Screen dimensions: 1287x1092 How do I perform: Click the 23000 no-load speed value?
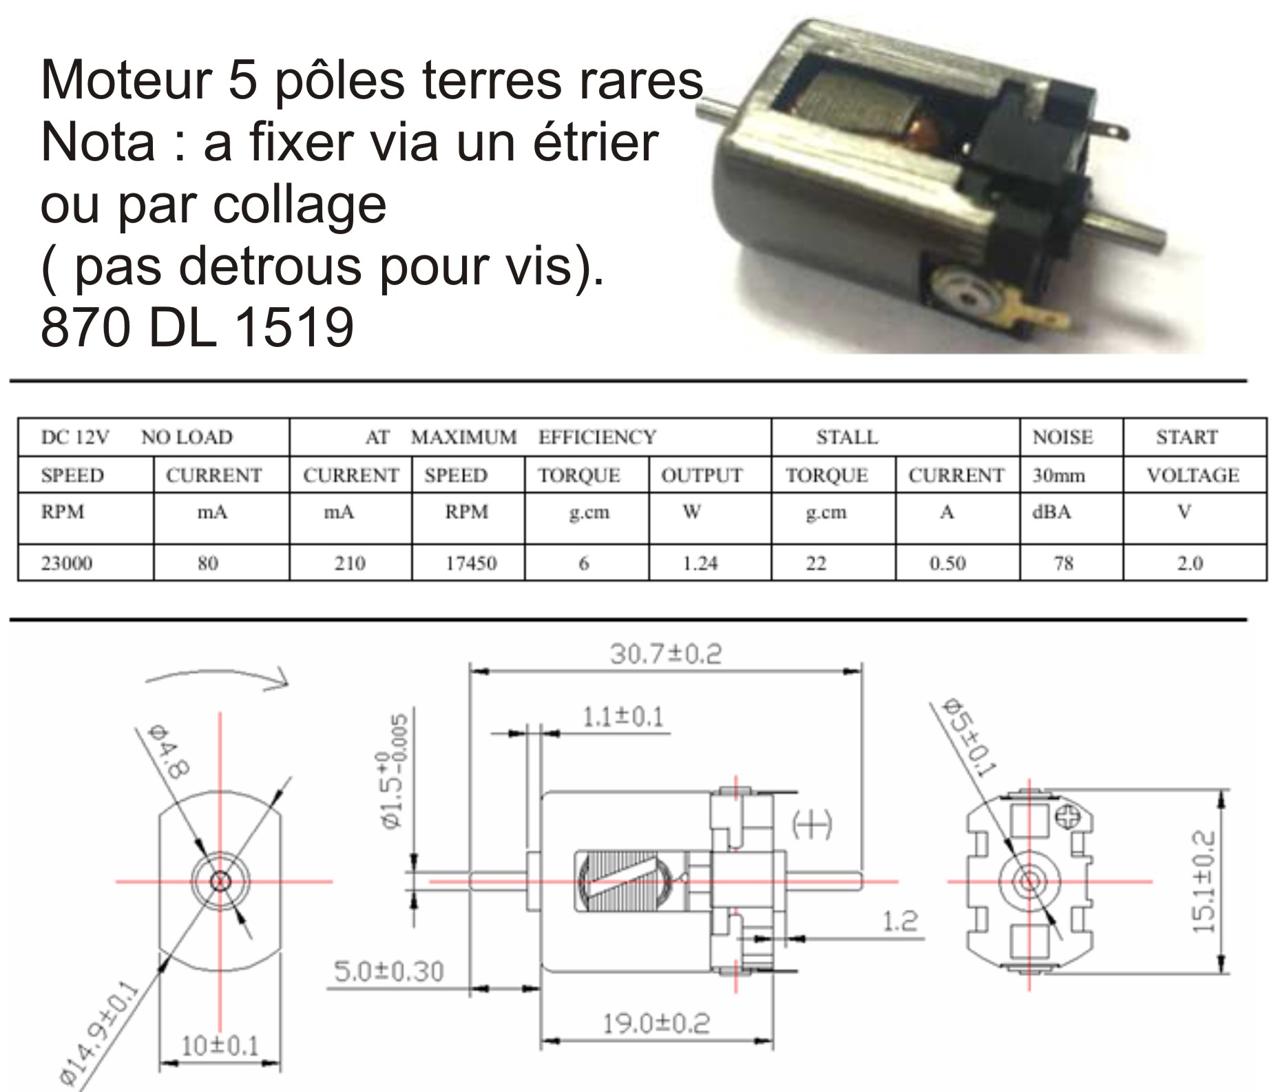coord(66,563)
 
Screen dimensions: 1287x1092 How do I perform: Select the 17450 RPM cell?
coord(471,563)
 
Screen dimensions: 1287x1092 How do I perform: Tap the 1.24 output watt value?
coord(700,563)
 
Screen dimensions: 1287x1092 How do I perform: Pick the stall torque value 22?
coord(816,563)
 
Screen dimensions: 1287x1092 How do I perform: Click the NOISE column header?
coord(1063,437)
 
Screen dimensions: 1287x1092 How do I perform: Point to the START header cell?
coord(1186,437)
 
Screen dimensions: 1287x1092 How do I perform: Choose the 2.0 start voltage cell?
coord(1189,563)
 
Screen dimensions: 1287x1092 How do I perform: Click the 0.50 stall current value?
coord(948,563)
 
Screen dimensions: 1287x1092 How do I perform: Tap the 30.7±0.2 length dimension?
coord(666,653)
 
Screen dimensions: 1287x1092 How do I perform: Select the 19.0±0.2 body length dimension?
coord(656,1023)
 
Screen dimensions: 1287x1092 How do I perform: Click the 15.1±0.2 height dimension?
coord(1204,882)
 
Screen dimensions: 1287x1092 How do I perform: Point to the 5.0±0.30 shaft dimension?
coord(389,972)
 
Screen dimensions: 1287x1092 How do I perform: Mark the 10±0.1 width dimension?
coord(220,1046)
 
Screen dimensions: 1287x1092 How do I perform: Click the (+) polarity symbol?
coord(813,824)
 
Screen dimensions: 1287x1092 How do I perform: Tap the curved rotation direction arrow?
coord(217,677)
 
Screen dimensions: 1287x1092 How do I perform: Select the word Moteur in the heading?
coord(125,81)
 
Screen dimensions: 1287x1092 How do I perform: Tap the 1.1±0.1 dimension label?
coord(623,717)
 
